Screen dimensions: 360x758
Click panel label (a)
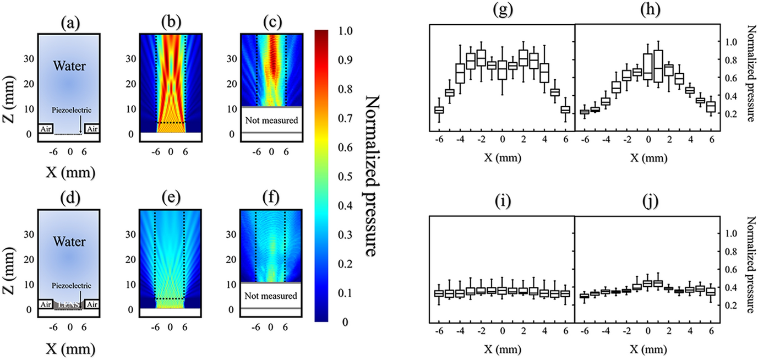pos(69,23)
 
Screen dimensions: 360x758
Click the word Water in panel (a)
pos(69,68)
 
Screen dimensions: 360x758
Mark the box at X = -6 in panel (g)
pos(439,110)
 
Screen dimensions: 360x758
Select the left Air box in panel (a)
pos(45,128)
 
